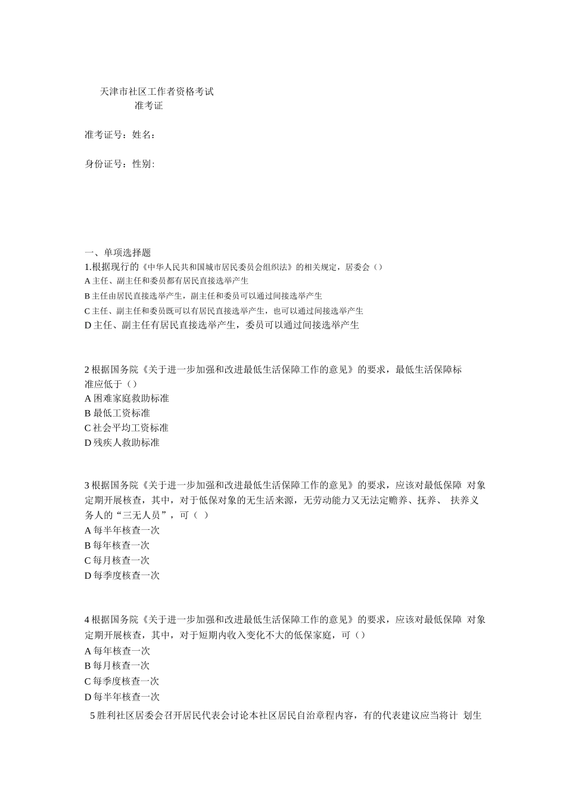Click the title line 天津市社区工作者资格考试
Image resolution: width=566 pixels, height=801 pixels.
click(x=157, y=92)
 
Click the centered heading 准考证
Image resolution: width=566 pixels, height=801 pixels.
click(x=148, y=106)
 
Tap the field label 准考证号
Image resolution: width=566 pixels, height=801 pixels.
click(x=104, y=135)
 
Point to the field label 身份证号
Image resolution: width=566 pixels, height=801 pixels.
click(x=104, y=164)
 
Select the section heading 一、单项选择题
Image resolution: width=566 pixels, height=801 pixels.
click(x=118, y=253)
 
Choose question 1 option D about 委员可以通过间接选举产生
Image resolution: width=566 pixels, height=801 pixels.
click(x=222, y=325)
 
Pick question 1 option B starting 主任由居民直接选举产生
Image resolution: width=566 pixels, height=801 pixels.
click(x=203, y=296)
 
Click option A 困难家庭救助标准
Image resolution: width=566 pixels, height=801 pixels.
click(x=127, y=398)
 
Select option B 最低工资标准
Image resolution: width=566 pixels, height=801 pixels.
click(x=117, y=413)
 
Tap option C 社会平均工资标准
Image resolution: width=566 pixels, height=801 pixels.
click(x=126, y=428)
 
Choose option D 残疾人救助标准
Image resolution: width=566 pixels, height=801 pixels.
click(x=122, y=443)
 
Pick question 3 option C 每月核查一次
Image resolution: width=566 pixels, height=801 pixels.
click(x=117, y=560)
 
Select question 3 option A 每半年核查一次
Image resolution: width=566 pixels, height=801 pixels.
click(x=122, y=530)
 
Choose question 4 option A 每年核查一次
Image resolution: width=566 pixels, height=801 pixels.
click(x=117, y=651)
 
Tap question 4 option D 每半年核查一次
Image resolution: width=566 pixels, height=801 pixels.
click(x=122, y=697)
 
